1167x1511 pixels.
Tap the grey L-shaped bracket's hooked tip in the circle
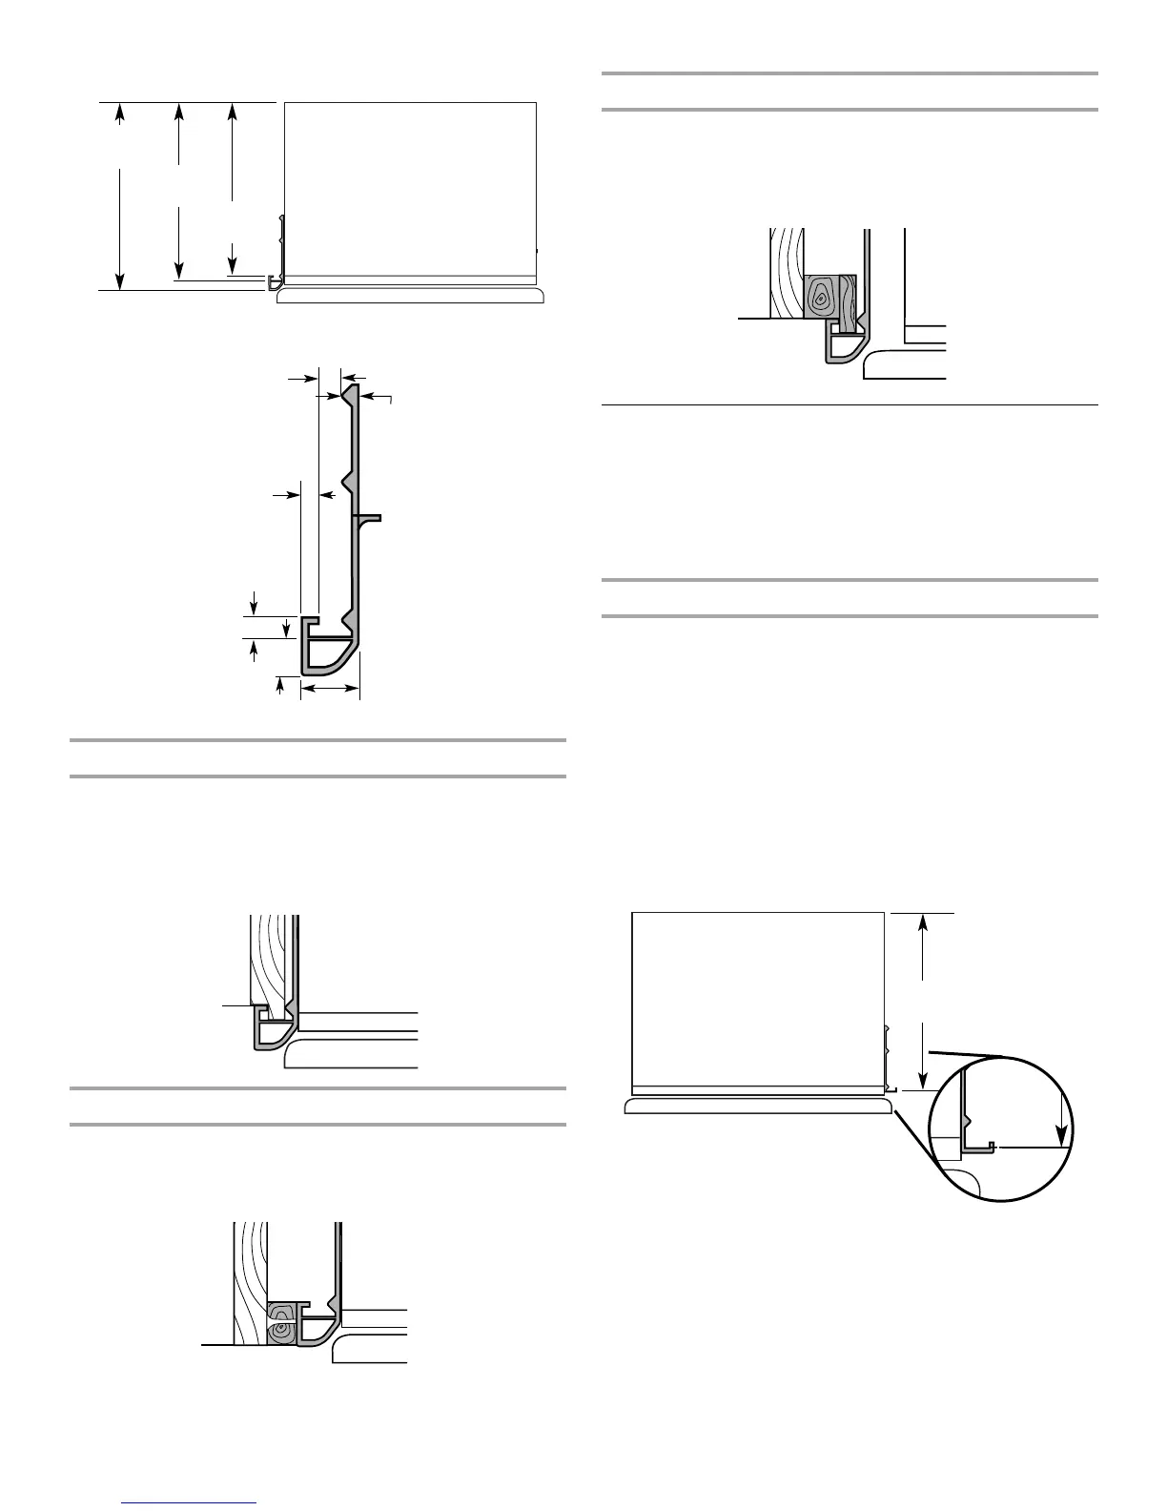tap(992, 1145)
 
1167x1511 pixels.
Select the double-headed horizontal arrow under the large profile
tap(330, 687)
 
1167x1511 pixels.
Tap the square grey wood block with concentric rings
tap(820, 297)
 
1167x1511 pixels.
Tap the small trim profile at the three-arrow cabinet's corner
tap(275, 282)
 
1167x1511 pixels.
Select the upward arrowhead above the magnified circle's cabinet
tap(923, 923)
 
